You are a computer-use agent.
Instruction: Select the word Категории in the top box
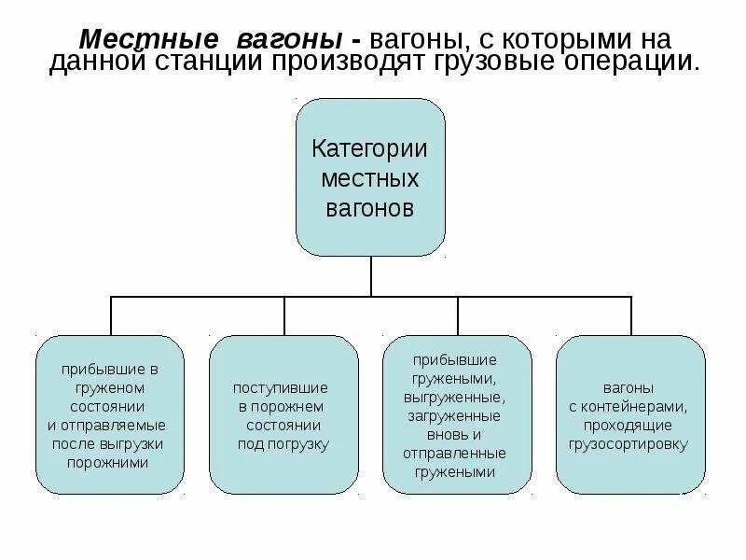(369, 148)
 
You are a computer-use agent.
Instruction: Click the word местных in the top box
(369, 177)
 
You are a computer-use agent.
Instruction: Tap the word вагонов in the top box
(369, 207)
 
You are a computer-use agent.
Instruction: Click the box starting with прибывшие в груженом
(110, 414)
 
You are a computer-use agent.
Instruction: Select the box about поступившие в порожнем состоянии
(283, 414)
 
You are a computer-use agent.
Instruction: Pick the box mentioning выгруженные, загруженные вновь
(457, 414)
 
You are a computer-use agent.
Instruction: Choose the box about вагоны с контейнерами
(630, 414)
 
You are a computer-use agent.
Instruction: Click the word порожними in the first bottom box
(109, 461)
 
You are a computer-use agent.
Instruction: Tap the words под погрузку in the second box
(283, 444)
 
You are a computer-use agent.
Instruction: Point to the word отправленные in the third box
(455, 453)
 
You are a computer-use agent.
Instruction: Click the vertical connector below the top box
(371, 276)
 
